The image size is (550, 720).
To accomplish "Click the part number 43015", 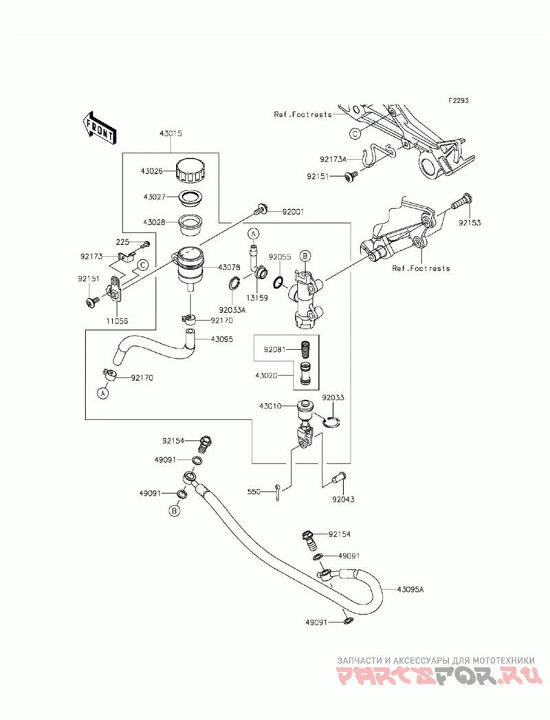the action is tap(170, 133).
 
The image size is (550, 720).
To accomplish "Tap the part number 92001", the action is tap(293, 212).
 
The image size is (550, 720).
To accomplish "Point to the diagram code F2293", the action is tap(459, 100).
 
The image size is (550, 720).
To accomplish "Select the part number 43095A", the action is tap(410, 589).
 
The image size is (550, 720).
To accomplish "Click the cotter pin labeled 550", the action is tap(278, 492).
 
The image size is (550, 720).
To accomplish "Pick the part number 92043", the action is tap(343, 499).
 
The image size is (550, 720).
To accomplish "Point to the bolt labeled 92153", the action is tap(460, 201).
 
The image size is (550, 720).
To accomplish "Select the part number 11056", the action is tap(117, 321).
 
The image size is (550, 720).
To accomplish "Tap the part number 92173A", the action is tap(333, 160).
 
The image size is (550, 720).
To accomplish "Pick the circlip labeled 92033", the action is tap(332, 422).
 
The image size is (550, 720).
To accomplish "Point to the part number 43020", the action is tap(266, 375).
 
